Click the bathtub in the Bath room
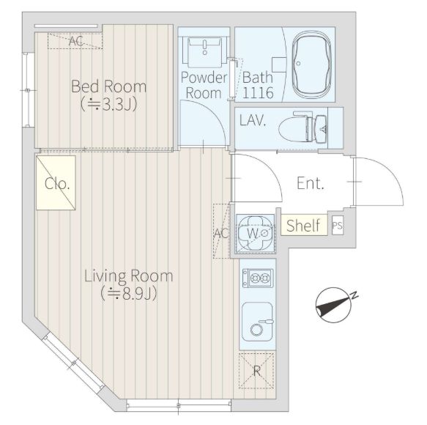click(x=311, y=64)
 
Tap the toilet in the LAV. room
click(x=302, y=127)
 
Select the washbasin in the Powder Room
click(x=205, y=52)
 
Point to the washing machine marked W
click(x=256, y=234)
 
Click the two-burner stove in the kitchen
click(x=258, y=278)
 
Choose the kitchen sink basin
click(x=257, y=322)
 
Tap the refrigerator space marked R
click(x=256, y=370)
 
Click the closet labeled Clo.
click(x=56, y=182)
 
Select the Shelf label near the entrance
click(x=303, y=226)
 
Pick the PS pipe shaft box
click(x=338, y=225)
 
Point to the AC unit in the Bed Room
click(x=75, y=41)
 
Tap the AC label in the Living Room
click(x=221, y=233)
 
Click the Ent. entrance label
click(x=310, y=183)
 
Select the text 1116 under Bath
click(x=258, y=93)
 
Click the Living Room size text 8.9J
click(x=129, y=293)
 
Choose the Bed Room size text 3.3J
click(x=108, y=104)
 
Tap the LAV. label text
click(x=253, y=120)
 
